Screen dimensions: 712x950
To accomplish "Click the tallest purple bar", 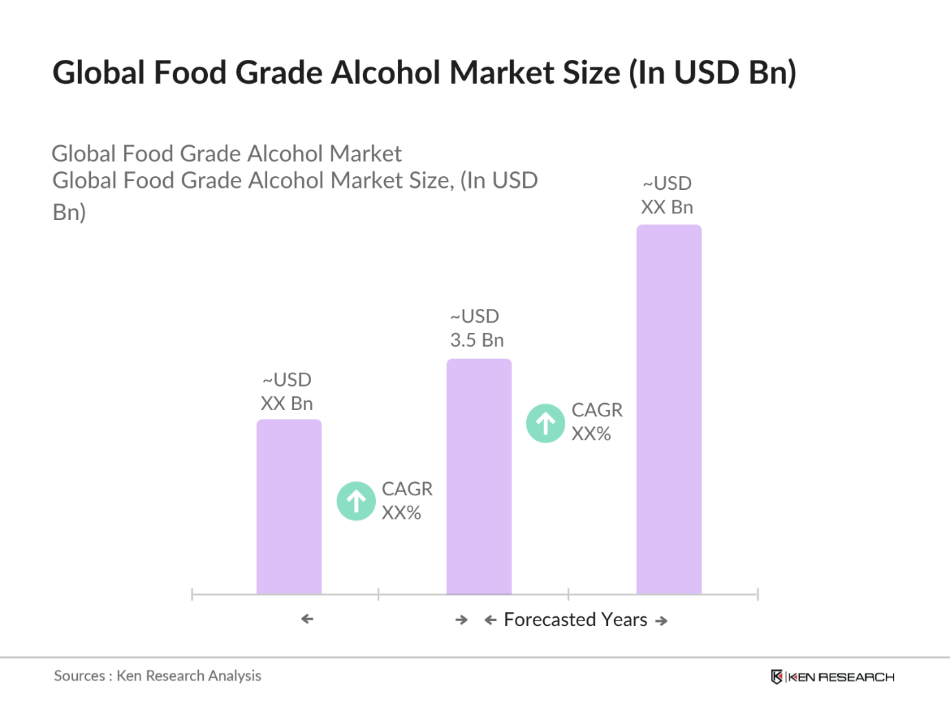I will click(x=668, y=409).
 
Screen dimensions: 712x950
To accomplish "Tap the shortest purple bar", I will click(x=288, y=506).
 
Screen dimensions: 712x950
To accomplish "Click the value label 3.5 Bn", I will click(x=477, y=341).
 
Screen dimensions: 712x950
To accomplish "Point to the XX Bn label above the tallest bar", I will click(x=666, y=207).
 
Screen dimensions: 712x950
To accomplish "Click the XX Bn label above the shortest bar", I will click(x=286, y=404).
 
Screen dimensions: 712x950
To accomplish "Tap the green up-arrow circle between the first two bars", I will click(x=356, y=501).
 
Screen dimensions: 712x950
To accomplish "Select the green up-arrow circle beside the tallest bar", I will click(x=545, y=423).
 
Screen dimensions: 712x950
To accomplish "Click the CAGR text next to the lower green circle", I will click(x=407, y=489).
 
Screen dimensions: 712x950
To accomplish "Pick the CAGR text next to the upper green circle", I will click(x=597, y=410).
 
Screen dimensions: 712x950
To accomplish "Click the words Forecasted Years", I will click(x=576, y=620).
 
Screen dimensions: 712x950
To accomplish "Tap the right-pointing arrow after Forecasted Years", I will click(x=662, y=621).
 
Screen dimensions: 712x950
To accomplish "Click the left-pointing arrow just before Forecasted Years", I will click(x=490, y=621).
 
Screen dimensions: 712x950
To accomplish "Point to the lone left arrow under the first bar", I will click(x=307, y=619).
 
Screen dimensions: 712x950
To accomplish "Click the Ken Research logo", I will click(x=832, y=677).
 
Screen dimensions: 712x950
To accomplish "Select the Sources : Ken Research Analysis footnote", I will click(x=158, y=676).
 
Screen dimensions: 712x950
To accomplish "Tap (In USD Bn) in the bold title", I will click(x=712, y=73).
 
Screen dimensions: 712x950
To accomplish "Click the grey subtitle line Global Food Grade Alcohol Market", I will click(x=226, y=153).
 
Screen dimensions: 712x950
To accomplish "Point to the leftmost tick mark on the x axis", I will click(x=192, y=594).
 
